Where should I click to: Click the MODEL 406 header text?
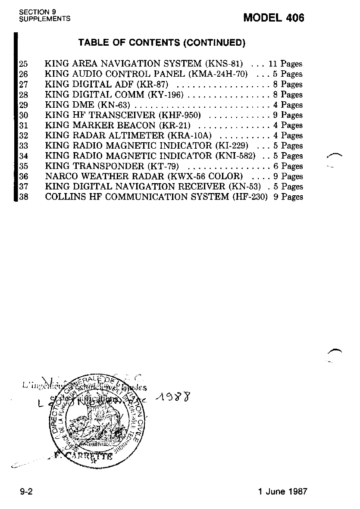pyautogui.click(x=274, y=18)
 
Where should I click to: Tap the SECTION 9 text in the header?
pyautogui.click(x=35, y=12)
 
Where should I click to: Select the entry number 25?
pyautogui.click(x=23, y=64)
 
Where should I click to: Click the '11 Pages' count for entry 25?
pyautogui.click(x=285, y=64)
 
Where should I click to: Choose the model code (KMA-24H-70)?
pyautogui.click(x=218, y=74)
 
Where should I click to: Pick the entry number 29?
pyautogui.click(x=23, y=105)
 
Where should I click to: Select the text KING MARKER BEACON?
pyautogui.click(x=100, y=125)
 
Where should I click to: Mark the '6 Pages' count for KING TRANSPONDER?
pyautogui.click(x=288, y=166)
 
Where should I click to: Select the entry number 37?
pyautogui.click(x=23, y=187)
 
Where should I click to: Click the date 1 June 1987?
pyautogui.click(x=282, y=492)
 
